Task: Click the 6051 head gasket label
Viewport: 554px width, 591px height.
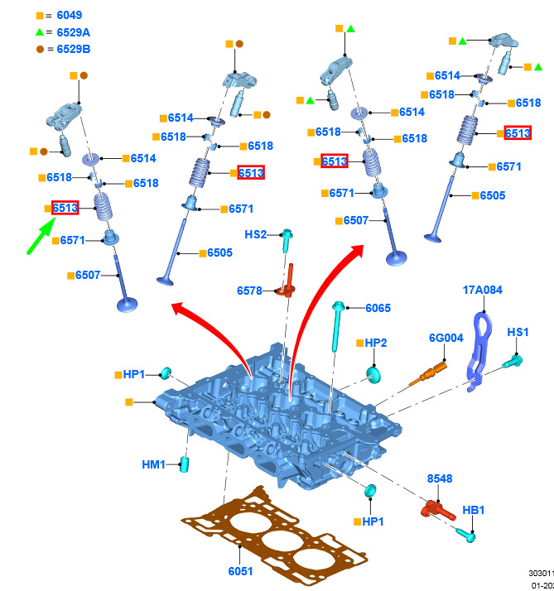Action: [240, 571]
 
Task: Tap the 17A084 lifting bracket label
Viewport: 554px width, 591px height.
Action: [482, 291]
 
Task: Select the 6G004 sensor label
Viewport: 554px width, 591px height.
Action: [446, 338]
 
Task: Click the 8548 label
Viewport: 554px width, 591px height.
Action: [441, 479]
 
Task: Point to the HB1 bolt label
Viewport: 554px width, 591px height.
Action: [474, 510]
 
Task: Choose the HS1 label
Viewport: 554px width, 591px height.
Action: [518, 332]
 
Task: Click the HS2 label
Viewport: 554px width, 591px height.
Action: [256, 235]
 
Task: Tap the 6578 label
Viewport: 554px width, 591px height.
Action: [249, 291]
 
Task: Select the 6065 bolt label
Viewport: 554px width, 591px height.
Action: [378, 309]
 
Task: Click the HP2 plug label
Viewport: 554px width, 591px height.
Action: [376, 343]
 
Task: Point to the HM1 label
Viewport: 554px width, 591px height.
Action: [154, 464]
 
